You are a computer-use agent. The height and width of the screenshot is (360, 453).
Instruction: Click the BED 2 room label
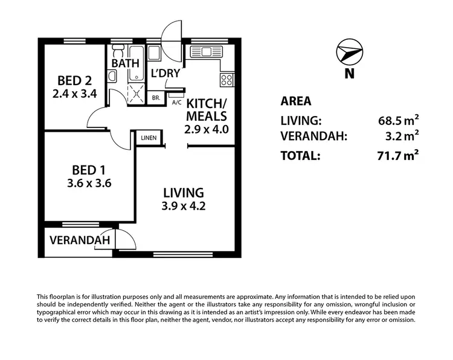[74, 81]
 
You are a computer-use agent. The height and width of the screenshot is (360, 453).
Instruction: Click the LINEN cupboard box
[149, 138]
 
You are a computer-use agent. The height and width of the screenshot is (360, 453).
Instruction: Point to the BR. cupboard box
[156, 97]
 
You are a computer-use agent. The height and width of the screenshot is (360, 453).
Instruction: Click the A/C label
[177, 103]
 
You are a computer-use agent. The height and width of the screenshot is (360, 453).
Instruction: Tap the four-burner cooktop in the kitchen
[227, 79]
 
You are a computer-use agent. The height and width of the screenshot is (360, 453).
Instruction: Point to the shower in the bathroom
[136, 93]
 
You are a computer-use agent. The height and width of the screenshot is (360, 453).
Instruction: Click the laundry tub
[154, 53]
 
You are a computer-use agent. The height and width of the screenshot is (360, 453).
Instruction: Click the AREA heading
[297, 101]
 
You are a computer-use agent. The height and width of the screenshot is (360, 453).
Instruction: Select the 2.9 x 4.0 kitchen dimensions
[206, 129]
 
